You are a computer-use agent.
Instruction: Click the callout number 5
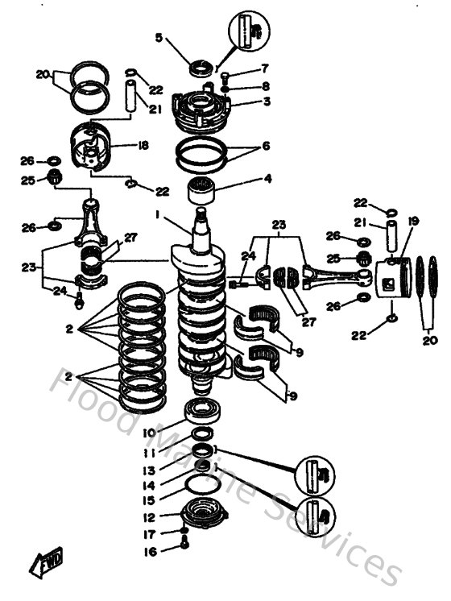159,37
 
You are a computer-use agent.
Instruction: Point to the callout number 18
143,146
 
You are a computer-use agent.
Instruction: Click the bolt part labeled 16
186,566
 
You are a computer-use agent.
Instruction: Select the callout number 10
148,433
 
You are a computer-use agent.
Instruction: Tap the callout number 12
150,517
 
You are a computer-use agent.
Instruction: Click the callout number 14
149,486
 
